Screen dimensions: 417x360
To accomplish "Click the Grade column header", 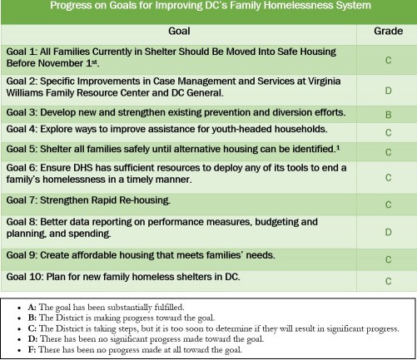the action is coord(388,31).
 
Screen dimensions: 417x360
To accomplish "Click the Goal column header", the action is coord(179,31).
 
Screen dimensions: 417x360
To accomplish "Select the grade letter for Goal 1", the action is coord(389,60).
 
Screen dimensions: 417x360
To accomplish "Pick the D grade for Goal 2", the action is coord(389,91).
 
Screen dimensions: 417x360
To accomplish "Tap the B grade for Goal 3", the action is coord(389,115).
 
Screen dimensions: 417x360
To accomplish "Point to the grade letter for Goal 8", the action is coord(389,232).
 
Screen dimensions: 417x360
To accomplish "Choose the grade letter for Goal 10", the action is coord(389,281).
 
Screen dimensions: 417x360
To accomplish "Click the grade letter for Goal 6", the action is coord(389,178).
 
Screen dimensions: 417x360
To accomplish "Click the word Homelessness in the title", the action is coord(297,5).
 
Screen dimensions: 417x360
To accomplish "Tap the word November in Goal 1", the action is coord(61,63).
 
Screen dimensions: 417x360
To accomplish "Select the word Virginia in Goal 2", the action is coord(323,81).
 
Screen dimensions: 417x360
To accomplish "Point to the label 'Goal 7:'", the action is coord(22,200).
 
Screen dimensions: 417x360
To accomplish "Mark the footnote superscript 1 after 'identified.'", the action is coord(338,147).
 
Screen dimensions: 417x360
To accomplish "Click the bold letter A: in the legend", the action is coord(32,307).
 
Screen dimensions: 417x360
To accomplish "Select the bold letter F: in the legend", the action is coord(32,349).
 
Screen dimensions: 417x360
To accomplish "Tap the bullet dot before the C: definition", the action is coord(19,329).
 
